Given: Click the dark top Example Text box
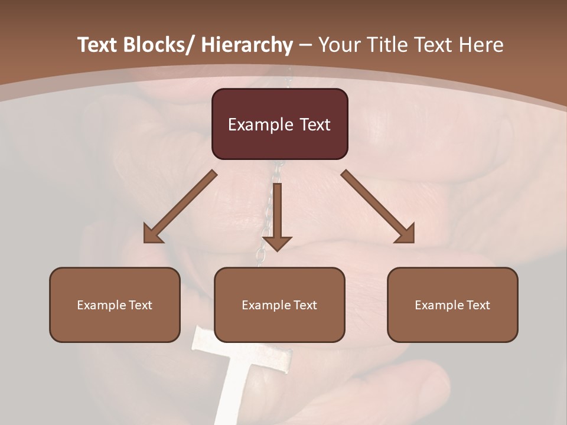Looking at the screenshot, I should coord(279,124).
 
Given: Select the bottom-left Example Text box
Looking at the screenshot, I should coord(115,305).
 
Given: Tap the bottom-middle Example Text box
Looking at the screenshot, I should coord(279,305).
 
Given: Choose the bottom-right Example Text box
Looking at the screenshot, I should coord(452,305).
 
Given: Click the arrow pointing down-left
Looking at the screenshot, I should coord(180,207).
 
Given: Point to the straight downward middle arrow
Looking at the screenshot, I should coord(277,215).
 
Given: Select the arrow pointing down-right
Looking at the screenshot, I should coord(378,207).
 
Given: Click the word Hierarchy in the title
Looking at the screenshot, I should coord(247,45).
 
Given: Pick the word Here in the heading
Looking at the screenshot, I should coord(481,45).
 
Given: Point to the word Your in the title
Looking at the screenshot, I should coord(340,45).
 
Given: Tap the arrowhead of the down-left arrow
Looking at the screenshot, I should coord(153,234).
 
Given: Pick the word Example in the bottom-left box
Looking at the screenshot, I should coord(102,305).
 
